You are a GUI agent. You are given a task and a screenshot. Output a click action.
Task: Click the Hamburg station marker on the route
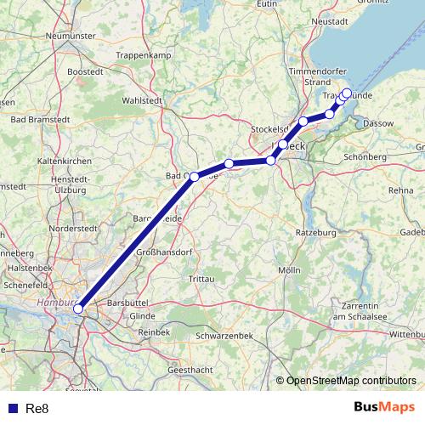[78, 309]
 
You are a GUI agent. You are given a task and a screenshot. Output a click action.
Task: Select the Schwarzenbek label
[225, 335]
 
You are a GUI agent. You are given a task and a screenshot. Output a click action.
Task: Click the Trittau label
[201, 279]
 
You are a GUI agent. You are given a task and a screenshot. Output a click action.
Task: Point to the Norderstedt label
[74, 229]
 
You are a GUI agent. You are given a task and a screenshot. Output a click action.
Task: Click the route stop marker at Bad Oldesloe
[195, 177]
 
